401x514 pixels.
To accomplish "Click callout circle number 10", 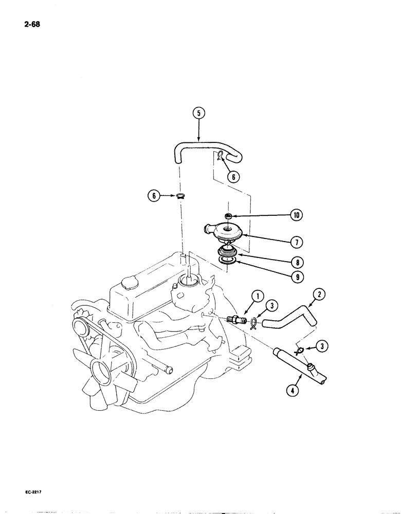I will coord(296,215).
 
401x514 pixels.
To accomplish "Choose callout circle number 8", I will coord(296,261).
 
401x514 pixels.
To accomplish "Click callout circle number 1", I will coord(258,297).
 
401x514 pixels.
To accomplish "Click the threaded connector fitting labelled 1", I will coord(235,319).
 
